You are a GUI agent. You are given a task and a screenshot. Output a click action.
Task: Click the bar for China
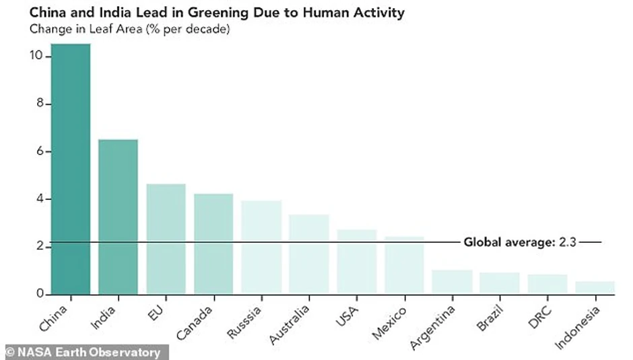(70, 168)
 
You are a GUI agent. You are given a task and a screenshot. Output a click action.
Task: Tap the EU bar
(166, 239)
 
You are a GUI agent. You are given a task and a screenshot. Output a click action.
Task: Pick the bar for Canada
(213, 244)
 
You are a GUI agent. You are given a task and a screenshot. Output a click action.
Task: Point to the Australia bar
(309, 254)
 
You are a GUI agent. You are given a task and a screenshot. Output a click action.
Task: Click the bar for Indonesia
(595, 287)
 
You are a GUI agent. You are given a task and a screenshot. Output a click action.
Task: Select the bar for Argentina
(452, 282)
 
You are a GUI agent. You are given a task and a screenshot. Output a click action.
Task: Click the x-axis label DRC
(539, 314)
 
